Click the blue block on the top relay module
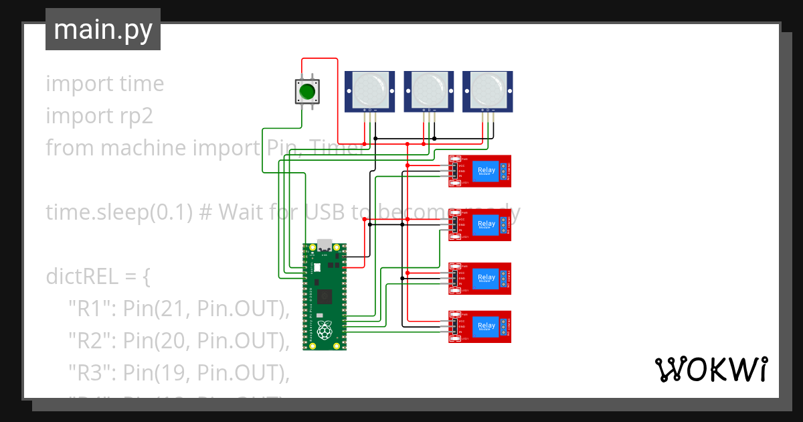pyautogui.click(x=486, y=171)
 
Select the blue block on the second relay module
pyautogui.click(x=486, y=224)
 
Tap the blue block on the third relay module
pyautogui.click(x=486, y=278)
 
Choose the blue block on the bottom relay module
pyautogui.click(x=486, y=326)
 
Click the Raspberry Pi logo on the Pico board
pyautogui.click(x=325, y=330)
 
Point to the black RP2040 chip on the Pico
pyautogui.click(x=325, y=295)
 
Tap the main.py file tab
pyautogui.click(x=103, y=29)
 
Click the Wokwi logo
pyautogui.click(x=711, y=369)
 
